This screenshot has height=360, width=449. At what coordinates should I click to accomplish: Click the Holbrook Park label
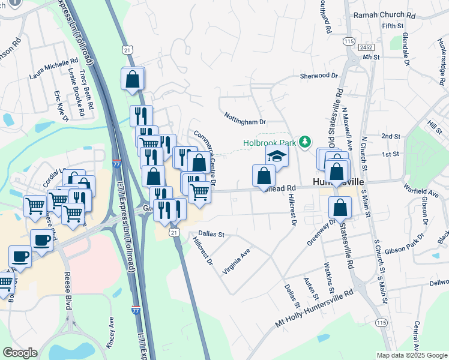pos(270,143)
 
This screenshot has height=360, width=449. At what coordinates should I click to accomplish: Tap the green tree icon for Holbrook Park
pos(306,142)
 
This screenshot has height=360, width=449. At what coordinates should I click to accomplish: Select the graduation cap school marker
pos(277,156)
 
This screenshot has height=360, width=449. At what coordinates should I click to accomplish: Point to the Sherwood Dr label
pos(319,76)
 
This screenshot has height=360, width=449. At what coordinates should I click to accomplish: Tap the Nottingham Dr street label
pos(245,118)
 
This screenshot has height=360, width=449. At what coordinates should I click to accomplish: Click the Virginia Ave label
pos(236,262)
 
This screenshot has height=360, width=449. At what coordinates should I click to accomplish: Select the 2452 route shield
pos(366,47)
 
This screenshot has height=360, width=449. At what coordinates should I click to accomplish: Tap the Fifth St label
pos(393,26)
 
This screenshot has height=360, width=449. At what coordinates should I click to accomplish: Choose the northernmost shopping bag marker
pos(133,79)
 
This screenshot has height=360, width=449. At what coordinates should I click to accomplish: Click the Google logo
pos(20,353)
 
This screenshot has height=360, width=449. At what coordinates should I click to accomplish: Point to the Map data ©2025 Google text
pos(411,355)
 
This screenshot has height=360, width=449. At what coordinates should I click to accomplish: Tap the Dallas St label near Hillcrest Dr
pos(211,234)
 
